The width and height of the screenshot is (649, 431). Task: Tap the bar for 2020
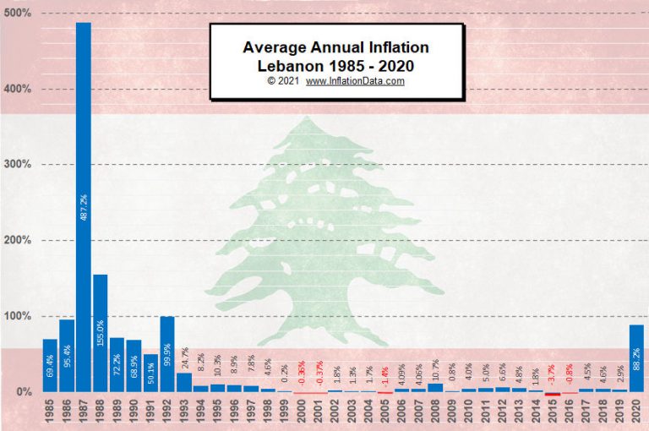(x=636, y=358)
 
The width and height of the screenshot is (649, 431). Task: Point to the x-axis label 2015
(x=553, y=413)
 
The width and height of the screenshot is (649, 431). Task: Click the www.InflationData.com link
(x=355, y=81)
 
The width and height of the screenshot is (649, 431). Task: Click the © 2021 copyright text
(x=283, y=81)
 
